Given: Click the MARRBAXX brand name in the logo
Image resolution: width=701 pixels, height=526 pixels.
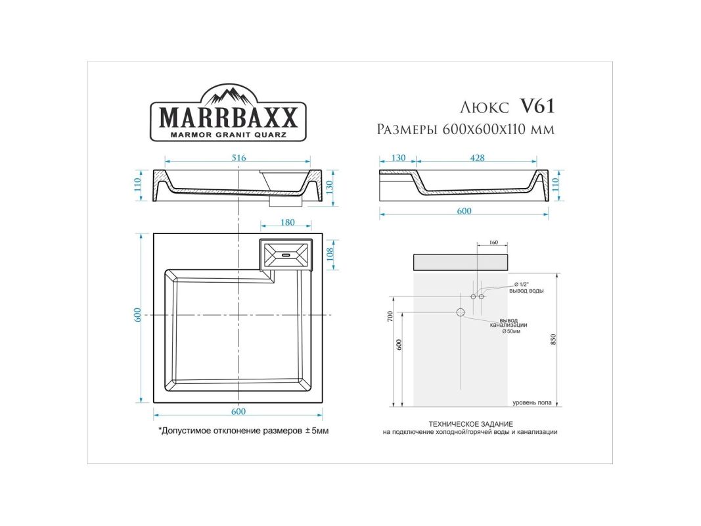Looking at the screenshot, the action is click(x=228, y=118).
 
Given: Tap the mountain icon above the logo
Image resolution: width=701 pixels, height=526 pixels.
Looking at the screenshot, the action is click(x=228, y=95).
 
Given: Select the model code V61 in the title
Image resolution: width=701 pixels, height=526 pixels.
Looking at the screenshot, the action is click(x=537, y=106).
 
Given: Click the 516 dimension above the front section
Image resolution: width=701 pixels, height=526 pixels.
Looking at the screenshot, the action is click(x=238, y=158).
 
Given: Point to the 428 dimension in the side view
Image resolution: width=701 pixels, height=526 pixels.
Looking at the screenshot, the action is click(x=478, y=158).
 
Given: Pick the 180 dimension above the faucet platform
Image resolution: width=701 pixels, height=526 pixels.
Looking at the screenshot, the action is click(x=287, y=222).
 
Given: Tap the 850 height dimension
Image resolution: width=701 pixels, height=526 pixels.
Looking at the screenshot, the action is click(x=553, y=339).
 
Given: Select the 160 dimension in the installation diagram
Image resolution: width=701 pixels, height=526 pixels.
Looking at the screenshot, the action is click(x=493, y=243).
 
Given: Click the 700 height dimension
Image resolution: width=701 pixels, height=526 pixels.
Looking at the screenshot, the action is click(x=390, y=317).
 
